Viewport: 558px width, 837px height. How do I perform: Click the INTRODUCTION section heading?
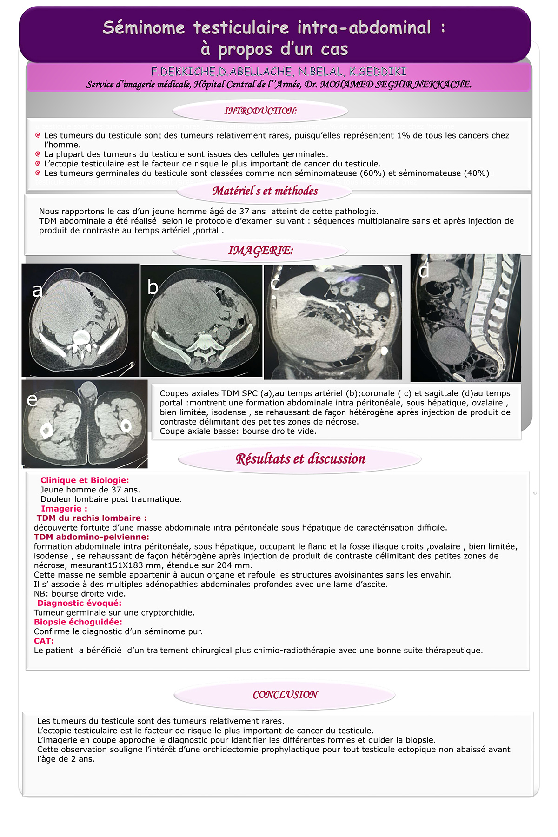click(260, 111)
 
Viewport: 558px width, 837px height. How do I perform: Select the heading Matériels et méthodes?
click(265, 191)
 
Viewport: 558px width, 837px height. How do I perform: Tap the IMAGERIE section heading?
click(260, 251)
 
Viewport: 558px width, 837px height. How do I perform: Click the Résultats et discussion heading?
click(300, 459)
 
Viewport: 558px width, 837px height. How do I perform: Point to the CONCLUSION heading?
click(285, 695)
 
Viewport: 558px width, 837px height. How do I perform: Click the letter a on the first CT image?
click(37, 290)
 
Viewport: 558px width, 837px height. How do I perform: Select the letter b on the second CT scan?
click(153, 287)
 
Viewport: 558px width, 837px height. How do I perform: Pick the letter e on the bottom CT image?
click(32, 399)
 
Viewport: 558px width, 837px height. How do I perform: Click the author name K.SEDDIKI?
click(378, 72)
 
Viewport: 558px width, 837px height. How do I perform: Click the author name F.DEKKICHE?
click(183, 72)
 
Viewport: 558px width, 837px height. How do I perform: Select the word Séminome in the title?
click(144, 28)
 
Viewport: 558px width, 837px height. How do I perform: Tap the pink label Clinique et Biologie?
click(85, 480)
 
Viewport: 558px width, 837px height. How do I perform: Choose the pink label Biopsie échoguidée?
click(78, 622)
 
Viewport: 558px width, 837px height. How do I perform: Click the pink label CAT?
click(44, 641)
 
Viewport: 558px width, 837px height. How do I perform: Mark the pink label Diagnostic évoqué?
click(79, 603)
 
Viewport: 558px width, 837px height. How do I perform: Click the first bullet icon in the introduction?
click(38, 135)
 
